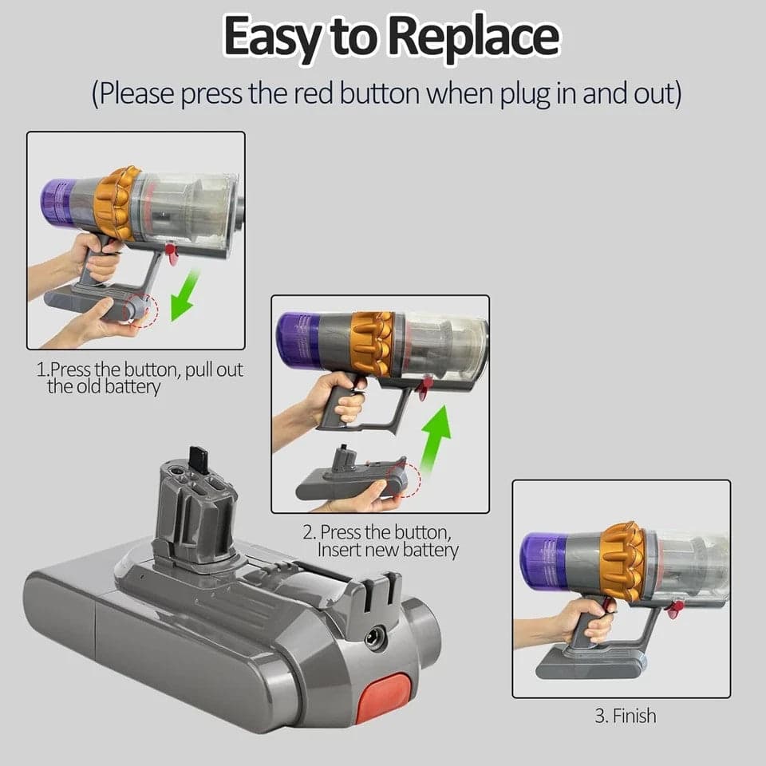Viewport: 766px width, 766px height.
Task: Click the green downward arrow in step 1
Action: point(184,295)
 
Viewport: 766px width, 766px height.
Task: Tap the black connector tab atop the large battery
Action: point(199,460)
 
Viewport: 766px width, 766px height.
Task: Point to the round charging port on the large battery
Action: point(375,637)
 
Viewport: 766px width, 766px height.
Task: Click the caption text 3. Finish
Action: point(626,716)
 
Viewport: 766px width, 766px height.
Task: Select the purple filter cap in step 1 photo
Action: point(56,202)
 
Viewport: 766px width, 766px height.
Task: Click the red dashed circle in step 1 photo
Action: point(143,310)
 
